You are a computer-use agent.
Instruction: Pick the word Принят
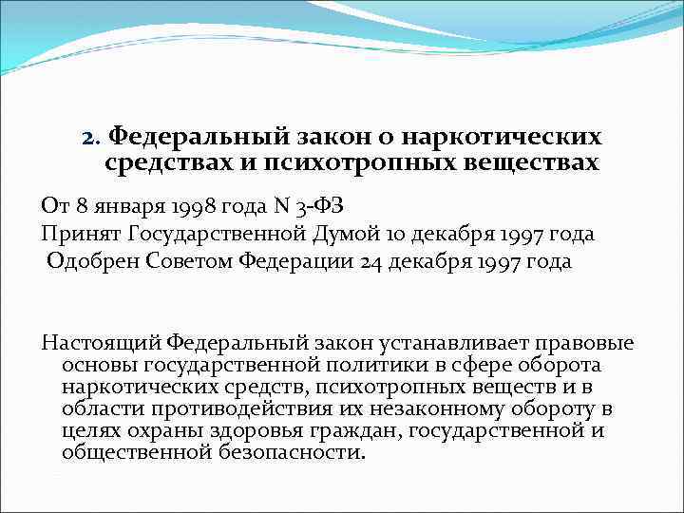[79, 234]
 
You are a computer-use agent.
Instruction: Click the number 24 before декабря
[371, 262]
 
